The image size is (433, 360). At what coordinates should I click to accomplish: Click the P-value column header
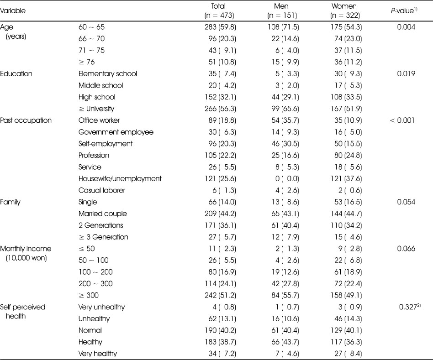pos(404,11)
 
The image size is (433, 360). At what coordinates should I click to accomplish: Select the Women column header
pos(345,11)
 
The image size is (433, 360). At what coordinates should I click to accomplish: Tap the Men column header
pos(282,11)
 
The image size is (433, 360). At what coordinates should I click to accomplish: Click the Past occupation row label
pos(26,120)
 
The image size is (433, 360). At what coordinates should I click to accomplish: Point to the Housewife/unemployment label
pos(120,178)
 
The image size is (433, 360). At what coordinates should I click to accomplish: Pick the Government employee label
pos(116,132)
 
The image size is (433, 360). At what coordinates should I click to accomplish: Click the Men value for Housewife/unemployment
pos(287,179)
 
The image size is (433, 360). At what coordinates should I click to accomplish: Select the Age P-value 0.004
pos(406,27)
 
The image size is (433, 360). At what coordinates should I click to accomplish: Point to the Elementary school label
pos(108,73)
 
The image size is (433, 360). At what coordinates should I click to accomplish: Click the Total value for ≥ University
pos(220,109)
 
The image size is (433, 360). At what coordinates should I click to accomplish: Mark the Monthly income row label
pos(26,253)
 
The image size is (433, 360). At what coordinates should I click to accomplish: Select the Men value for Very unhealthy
pos(287,307)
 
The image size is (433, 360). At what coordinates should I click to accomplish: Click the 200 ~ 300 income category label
pos(95,284)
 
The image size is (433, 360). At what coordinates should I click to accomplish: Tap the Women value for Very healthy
pos(348,354)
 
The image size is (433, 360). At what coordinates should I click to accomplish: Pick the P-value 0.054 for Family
pos(406,202)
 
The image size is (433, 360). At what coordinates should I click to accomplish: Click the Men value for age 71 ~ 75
pos(287,51)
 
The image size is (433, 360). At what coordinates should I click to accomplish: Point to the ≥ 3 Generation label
pos(103,237)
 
